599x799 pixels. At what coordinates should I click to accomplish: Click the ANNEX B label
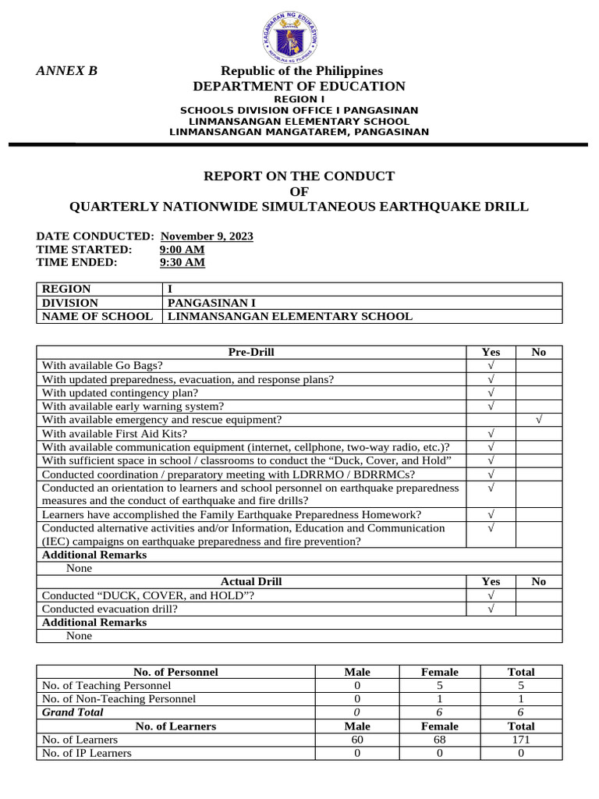[x=67, y=71]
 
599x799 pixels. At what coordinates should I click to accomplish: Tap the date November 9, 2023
[x=207, y=236]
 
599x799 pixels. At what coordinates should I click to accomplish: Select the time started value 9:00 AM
[x=182, y=250]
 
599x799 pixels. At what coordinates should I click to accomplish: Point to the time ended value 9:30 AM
[x=182, y=263]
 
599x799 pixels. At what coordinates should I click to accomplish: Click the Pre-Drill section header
[x=251, y=352]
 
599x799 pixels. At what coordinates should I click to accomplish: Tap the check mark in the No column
[x=538, y=420]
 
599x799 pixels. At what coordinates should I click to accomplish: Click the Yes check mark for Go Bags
[x=491, y=365]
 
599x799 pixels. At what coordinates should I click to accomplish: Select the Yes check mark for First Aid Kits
[x=491, y=433]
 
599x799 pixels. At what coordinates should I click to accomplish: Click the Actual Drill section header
[x=251, y=581]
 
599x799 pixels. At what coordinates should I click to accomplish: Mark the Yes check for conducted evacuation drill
[x=491, y=609]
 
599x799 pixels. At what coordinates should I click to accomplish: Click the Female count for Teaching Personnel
[x=439, y=685]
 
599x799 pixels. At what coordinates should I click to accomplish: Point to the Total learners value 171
[x=520, y=740]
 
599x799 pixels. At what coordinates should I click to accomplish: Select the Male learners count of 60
[x=357, y=740]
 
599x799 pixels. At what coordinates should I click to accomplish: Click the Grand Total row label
[x=73, y=712]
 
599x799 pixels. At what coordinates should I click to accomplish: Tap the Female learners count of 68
[x=439, y=740]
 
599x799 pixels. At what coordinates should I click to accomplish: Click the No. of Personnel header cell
[x=175, y=672]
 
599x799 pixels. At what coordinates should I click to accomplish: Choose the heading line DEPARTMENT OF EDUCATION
[x=299, y=87]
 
